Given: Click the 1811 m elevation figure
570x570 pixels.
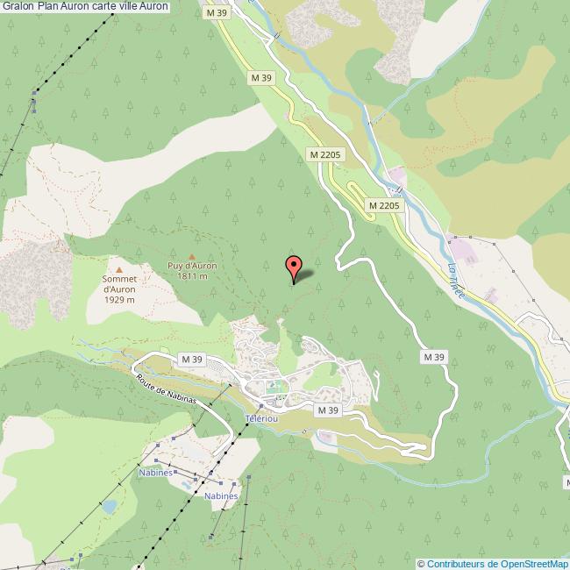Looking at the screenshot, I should point(192,276).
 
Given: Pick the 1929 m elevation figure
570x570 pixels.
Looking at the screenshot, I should point(119,300).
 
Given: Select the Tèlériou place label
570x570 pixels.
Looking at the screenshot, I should point(262,419).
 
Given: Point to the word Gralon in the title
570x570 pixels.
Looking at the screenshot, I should point(18,7).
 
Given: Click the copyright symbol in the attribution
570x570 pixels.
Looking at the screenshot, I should point(422,563).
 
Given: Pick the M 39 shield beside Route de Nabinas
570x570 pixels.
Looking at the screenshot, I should point(191,360).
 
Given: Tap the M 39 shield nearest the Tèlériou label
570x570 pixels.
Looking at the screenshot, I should point(328,410).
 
